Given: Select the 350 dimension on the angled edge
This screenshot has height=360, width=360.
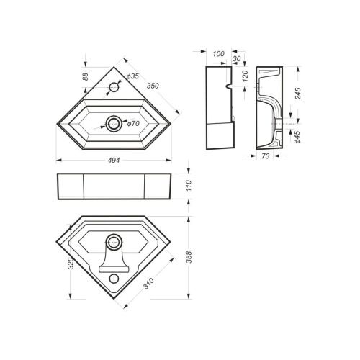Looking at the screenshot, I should click(152, 86).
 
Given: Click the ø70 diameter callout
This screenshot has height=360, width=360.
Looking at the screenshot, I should click(133, 124).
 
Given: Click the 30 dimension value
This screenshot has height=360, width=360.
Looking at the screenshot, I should click(237, 60).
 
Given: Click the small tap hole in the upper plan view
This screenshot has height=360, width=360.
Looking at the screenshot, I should click(114, 88).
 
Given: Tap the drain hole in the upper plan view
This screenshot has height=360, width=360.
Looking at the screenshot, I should click(114, 121).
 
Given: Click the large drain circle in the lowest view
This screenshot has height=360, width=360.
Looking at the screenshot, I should click(114, 240).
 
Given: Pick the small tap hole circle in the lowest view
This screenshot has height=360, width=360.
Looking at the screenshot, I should click(114, 276).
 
